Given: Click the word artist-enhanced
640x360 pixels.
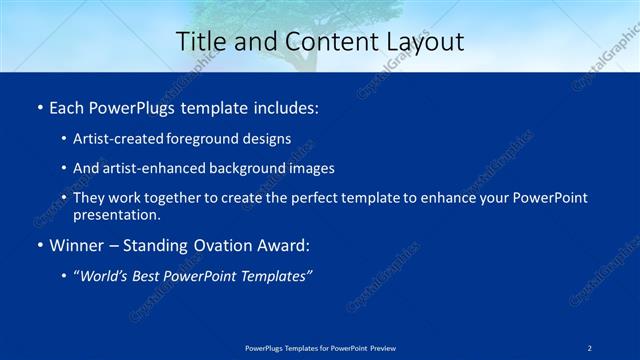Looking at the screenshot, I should click(149, 169).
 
